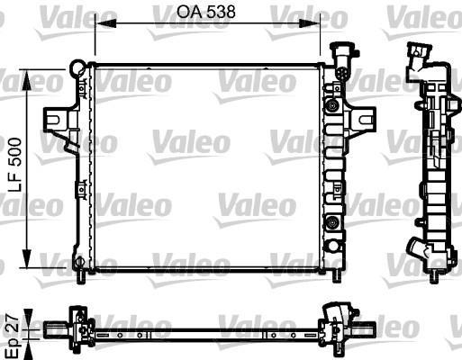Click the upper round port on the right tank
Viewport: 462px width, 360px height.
tap(332, 106)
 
